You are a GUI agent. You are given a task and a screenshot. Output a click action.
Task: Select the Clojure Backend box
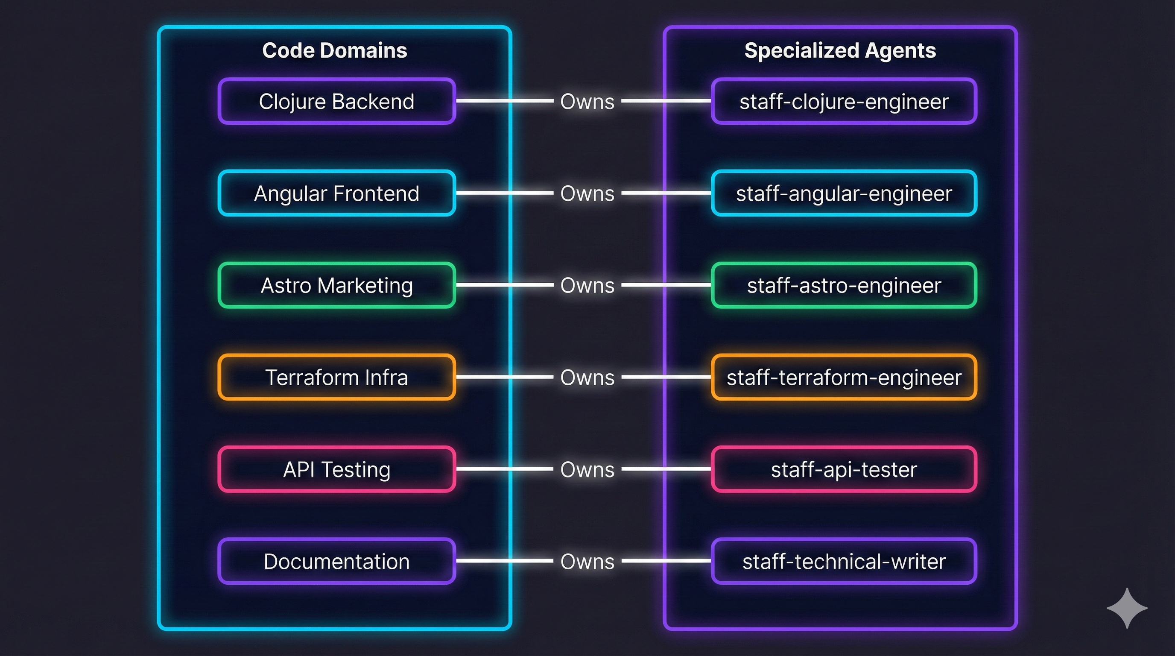point(336,101)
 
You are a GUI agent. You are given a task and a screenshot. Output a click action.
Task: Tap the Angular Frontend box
point(336,193)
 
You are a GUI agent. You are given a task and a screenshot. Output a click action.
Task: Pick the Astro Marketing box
point(336,286)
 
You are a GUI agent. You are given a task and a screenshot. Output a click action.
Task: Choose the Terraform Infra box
point(336,378)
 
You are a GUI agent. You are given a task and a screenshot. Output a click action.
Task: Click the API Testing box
point(336,469)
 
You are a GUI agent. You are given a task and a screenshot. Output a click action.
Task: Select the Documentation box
point(336,562)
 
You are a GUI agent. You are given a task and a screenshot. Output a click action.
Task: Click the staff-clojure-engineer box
point(844,101)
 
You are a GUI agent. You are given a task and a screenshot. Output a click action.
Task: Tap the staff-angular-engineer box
point(844,193)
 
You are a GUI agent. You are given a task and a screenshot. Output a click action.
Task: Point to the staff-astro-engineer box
point(844,286)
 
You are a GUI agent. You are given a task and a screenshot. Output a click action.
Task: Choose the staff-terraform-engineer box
point(844,378)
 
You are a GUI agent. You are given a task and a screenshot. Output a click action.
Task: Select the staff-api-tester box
point(844,469)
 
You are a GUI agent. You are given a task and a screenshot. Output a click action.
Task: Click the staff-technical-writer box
point(844,562)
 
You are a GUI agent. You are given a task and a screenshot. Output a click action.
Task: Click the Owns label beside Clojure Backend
point(587,101)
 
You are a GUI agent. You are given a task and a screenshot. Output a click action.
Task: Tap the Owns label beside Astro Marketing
point(587,286)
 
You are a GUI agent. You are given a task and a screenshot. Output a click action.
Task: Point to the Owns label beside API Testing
point(587,469)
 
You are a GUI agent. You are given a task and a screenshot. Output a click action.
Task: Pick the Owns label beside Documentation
point(587,562)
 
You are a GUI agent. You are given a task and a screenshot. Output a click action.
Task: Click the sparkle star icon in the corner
point(1127,608)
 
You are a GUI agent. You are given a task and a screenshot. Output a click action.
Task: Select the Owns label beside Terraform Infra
point(587,378)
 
